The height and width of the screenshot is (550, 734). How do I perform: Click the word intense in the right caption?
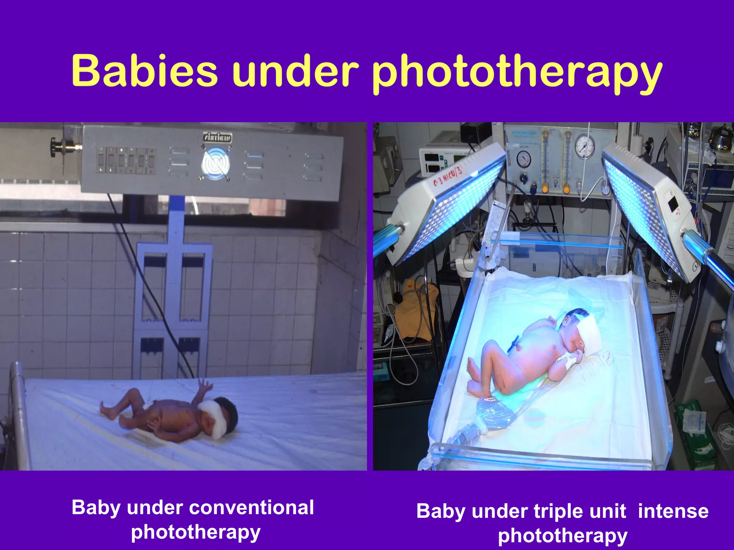(x=673, y=511)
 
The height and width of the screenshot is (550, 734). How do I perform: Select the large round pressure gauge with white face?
(x=585, y=147)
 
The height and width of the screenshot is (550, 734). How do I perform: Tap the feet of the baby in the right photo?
(x=477, y=380)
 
